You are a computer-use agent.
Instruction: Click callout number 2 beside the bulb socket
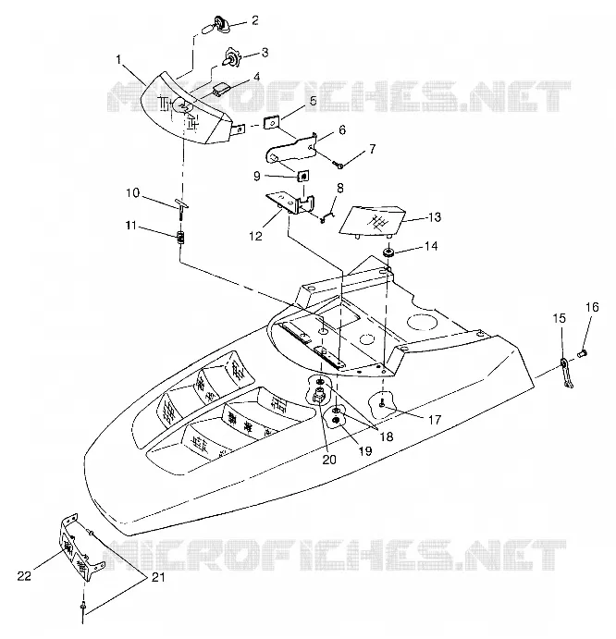click(255, 20)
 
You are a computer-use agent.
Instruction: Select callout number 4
click(256, 77)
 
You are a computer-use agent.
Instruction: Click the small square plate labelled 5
click(270, 122)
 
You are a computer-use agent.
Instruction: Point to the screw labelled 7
click(339, 165)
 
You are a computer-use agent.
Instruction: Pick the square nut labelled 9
click(302, 176)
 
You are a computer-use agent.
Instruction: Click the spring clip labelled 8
click(327, 215)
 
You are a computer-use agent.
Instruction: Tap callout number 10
click(132, 192)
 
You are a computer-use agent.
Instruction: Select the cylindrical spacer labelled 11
click(180, 237)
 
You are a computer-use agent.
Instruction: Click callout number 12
click(255, 236)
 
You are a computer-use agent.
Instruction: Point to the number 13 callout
click(435, 217)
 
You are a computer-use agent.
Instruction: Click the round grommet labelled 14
click(388, 252)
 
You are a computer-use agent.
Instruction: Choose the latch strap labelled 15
click(566, 373)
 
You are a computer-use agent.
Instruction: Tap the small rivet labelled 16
click(582, 353)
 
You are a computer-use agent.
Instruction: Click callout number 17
click(435, 419)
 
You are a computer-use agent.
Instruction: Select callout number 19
click(365, 450)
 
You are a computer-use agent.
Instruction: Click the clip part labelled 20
click(318, 394)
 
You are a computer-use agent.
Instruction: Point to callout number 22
click(24, 576)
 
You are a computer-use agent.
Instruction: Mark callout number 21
click(158, 577)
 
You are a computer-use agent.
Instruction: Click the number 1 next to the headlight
click(118, 60)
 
